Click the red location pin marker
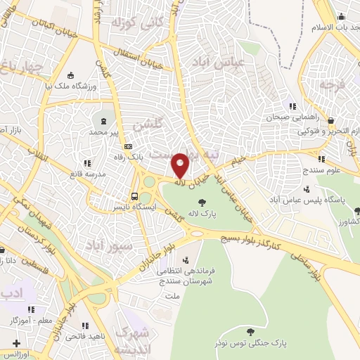(180, 166)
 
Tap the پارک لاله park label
(202, 213)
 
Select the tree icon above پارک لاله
(202, 202)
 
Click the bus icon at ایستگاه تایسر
(134, 196)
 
